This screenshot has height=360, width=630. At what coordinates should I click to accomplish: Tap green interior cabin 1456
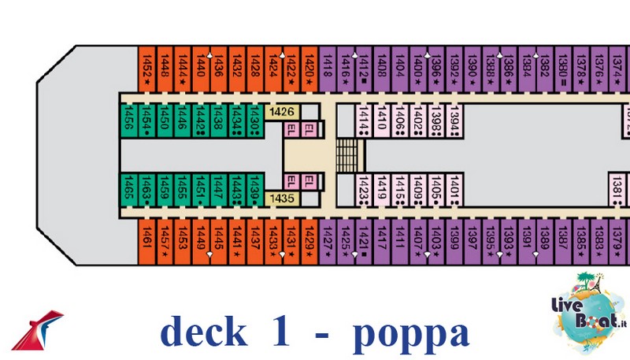pyautogui.click(x=128, y=120)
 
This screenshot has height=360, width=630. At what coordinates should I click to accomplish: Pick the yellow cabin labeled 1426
pyautogui.click(x=281, y=112)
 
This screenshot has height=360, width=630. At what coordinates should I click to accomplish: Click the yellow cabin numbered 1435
pyautogui.click(x=281, y=198)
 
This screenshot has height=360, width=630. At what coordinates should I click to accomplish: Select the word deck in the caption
pyautogui.click(x=202, y=332)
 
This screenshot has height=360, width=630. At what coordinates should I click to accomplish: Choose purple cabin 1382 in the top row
pyautogui.click(x=544, y=64)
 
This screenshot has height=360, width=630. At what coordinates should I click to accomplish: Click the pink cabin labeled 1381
pyautogui.click(x=617, y=189)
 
